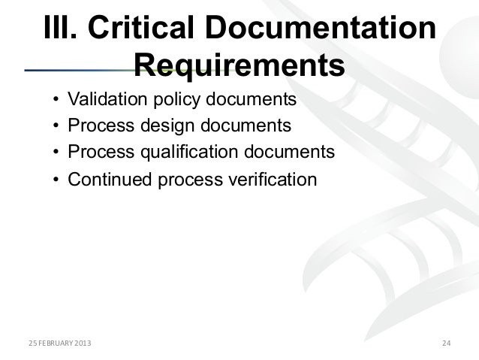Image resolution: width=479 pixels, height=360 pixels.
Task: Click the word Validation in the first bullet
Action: (102, 100)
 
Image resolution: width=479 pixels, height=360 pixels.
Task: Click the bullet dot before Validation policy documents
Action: (56, 101)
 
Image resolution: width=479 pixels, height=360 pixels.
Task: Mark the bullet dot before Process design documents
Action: (56, 126)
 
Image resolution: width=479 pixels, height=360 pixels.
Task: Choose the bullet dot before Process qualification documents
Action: (56, 153)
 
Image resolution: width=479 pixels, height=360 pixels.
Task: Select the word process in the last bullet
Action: (184, 180)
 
